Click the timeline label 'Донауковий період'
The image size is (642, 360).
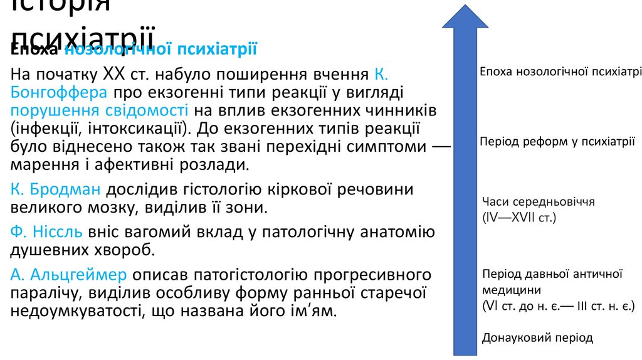537,338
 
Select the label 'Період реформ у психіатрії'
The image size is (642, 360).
557,142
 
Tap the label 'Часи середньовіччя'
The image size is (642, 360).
538,202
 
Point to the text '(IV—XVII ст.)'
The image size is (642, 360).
520,218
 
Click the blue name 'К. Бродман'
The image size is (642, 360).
56,190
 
